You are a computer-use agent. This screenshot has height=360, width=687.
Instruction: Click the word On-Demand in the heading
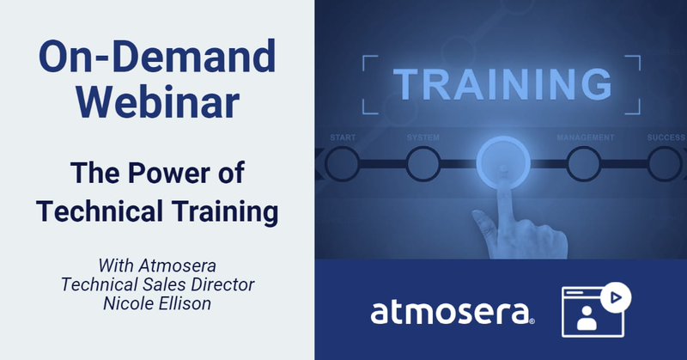point(157,57)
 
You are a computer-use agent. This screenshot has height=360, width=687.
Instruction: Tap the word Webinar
point(158,102)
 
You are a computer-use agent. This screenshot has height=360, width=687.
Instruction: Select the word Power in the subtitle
point(168,173)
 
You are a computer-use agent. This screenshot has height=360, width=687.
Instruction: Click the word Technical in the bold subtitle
point(100,211)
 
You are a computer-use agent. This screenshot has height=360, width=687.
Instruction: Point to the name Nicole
point(127,303)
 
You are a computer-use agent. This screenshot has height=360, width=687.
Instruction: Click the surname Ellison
point(184,303)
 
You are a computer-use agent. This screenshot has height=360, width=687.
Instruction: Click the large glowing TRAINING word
point(502,84)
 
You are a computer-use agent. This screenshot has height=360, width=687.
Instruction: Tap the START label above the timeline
point(343,137)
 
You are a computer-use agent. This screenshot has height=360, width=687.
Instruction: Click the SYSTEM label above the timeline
point(423,137)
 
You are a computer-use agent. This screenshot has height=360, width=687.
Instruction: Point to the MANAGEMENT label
point(586,137)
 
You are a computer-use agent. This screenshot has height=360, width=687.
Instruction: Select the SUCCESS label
point(666,137)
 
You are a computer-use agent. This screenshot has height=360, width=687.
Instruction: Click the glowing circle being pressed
point(503,162)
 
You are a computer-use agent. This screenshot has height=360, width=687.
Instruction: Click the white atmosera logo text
point(453,313)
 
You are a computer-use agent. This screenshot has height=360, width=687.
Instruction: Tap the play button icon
point(616,297)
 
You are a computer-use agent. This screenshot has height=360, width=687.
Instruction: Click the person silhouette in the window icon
point(587,319)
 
